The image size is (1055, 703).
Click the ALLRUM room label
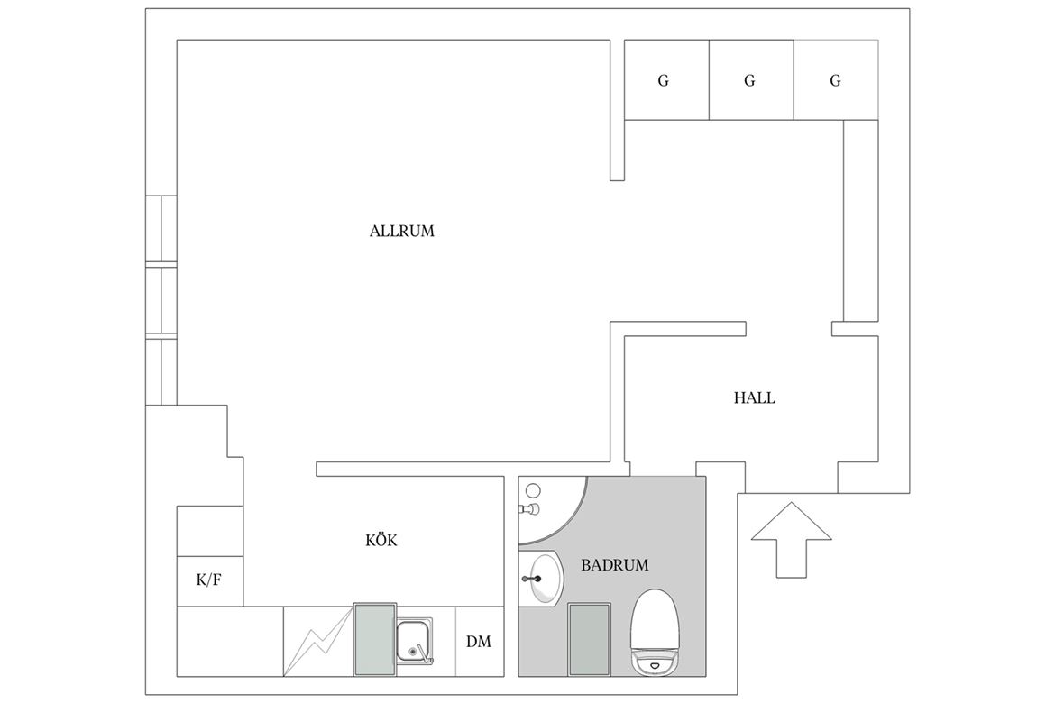click(x=401, y=232)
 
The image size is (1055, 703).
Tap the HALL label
click(x=754, y=398)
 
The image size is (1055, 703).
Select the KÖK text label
click(x=381, y=540)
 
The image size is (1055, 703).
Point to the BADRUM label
click(x=614, y=565)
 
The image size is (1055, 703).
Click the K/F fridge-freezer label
click(x=208, y=580)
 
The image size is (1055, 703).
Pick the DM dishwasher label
click(x=479, y=642)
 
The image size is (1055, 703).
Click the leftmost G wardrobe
click(x=666, y=80)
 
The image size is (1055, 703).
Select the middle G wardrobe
click(x=751, y=80)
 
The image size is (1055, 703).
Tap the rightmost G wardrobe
click(x=836, y=80)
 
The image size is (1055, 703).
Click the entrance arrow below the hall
click(x=792, y=540)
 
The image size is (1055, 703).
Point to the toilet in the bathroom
click(x=655, y=632)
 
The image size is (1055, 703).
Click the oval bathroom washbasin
click(x=545, y=579)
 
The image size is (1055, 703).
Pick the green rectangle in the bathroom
click(x=590, y=639)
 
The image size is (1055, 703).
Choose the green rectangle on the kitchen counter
click(x=375, y=639)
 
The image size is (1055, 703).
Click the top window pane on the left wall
click(x=161, y=228)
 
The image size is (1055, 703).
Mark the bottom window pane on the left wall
click(x=161, y=371)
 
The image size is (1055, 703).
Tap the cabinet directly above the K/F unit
click(x=210, y=531)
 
